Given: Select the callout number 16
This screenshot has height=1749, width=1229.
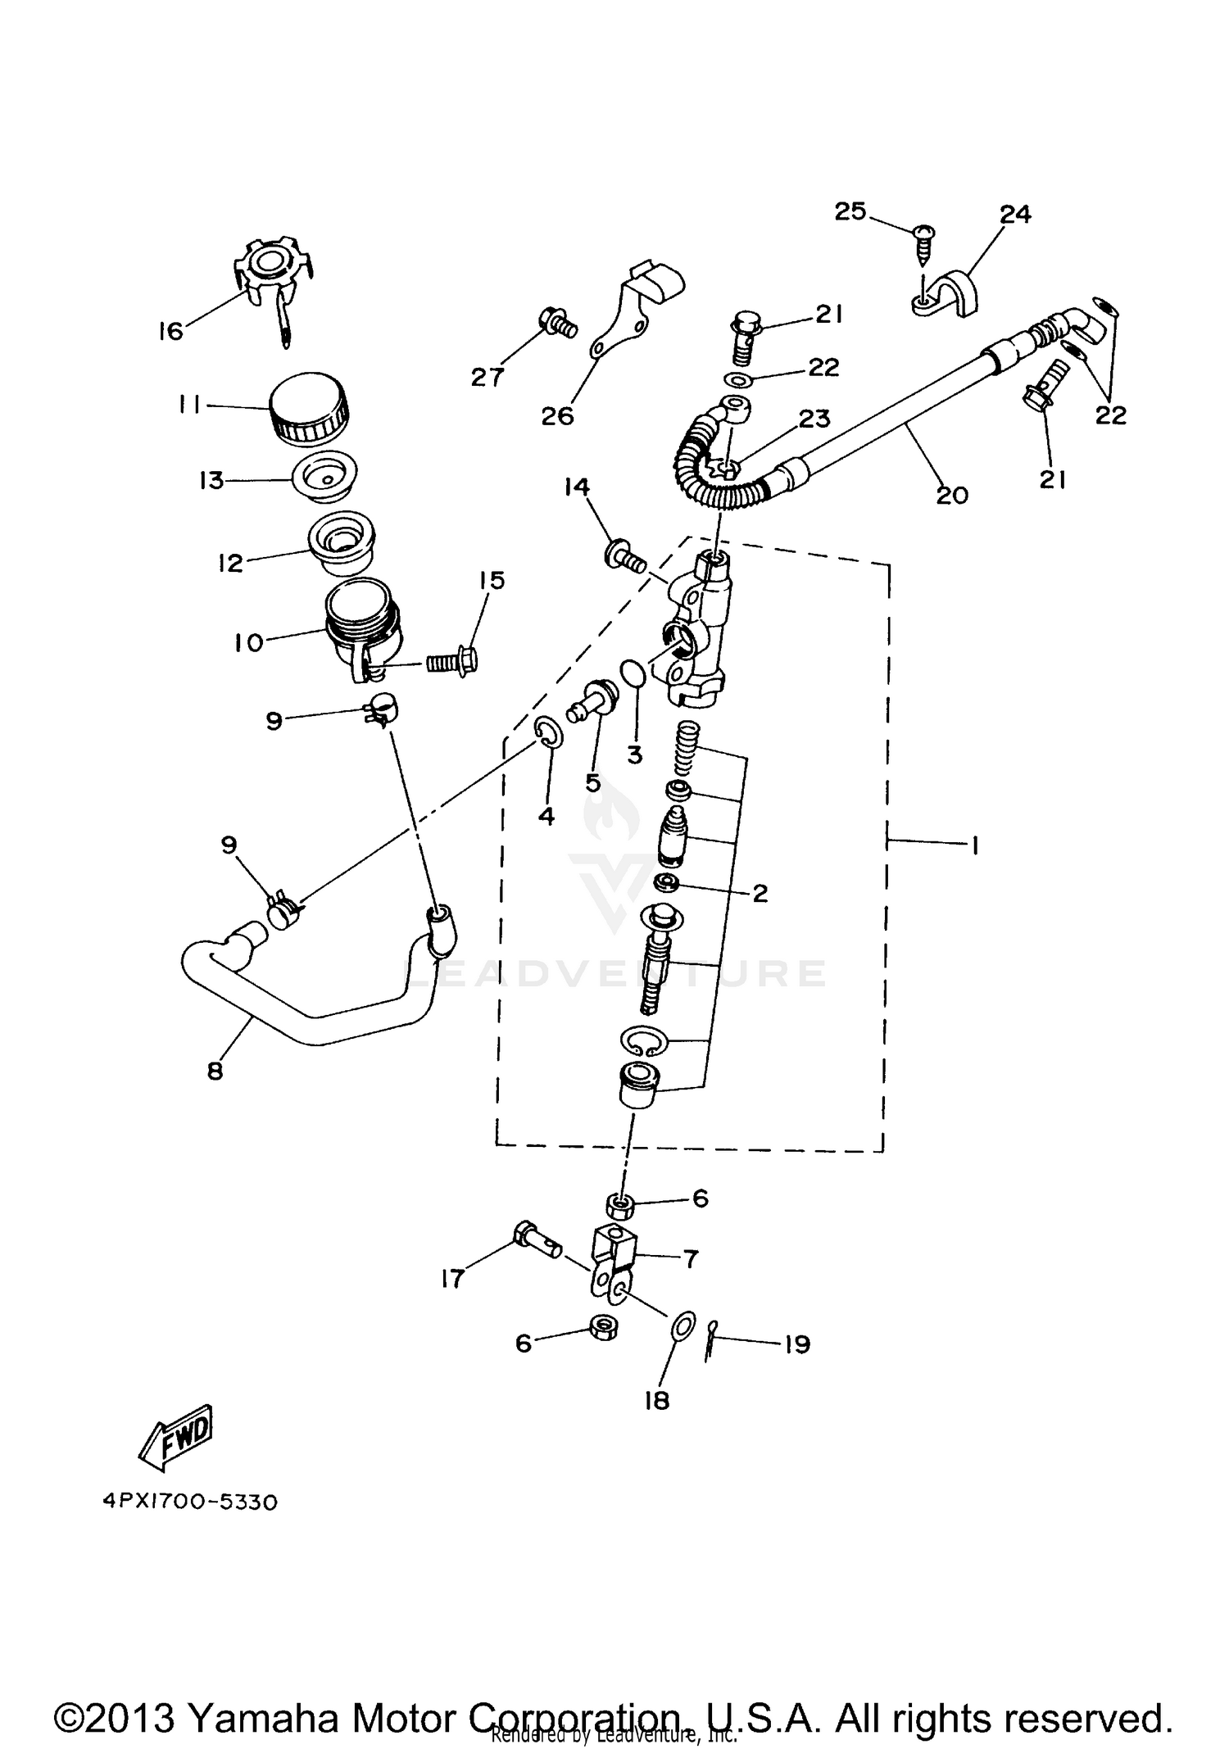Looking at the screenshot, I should coord(171,332).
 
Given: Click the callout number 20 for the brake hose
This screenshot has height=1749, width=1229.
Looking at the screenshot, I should coord(952,495).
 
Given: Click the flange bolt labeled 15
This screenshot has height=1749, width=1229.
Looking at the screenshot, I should coord(453,659).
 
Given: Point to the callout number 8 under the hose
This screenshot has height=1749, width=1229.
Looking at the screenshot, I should coord(215,1071).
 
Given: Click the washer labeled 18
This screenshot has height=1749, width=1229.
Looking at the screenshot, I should coord(682,1327).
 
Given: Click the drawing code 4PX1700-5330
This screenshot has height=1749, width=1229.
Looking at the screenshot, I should coord(190,1502).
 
